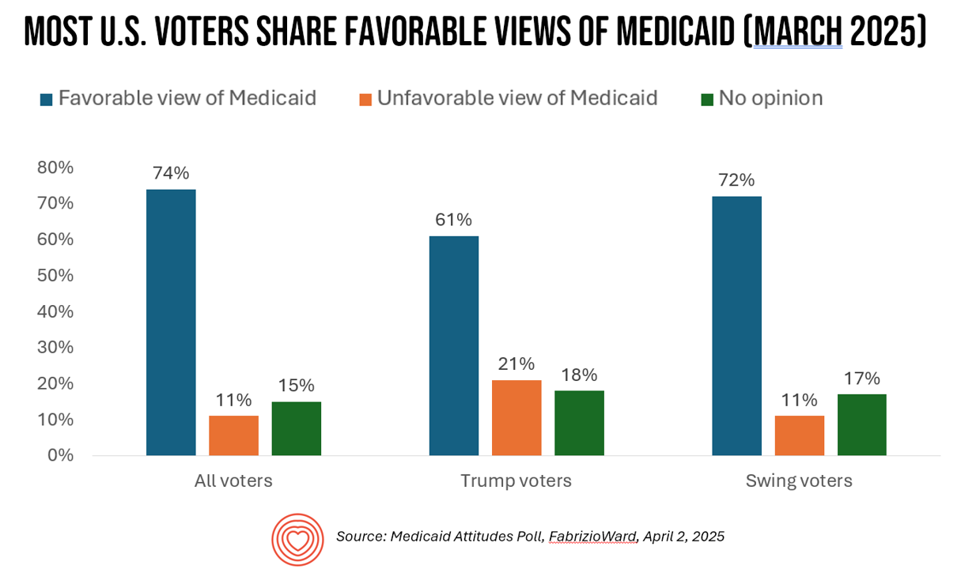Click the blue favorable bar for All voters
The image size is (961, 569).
click(x=171, y=322)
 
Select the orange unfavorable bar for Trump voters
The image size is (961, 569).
click(x=516, y=417)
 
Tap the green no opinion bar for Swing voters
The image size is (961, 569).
click(x=861, y=424)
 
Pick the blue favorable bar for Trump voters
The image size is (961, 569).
click(x=454, y=345)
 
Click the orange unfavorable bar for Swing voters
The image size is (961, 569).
click(x=799, y=435)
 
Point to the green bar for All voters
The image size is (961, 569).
click(x=296, y=428)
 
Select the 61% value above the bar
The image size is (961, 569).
click(x=453, y=220)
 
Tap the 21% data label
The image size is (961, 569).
click(x=516, y=364)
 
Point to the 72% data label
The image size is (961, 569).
click(x=736, y=180)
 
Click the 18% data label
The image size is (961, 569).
click(x=578, y=375)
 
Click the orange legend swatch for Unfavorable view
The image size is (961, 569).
click(x=365, y=100)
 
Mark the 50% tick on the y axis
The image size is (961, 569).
click(x=55, y=276)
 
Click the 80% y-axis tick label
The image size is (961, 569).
click(x=55, y=168)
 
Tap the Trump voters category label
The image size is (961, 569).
click(x=516, y=480)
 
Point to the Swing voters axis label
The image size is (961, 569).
click(x=799, y=480)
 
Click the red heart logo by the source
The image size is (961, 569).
click(x=297, y=539)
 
